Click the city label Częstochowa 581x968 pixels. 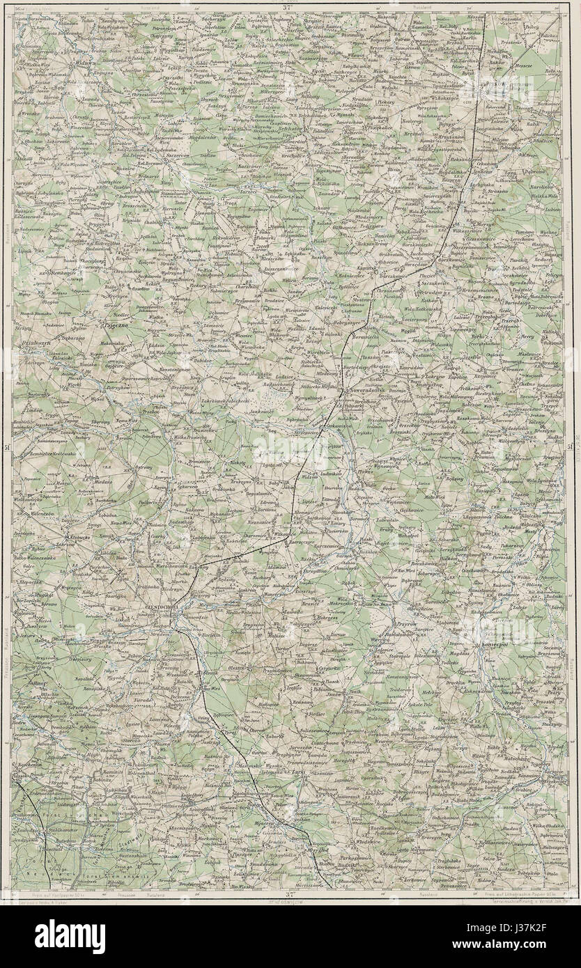(163, 607)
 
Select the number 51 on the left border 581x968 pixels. (6, 447)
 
